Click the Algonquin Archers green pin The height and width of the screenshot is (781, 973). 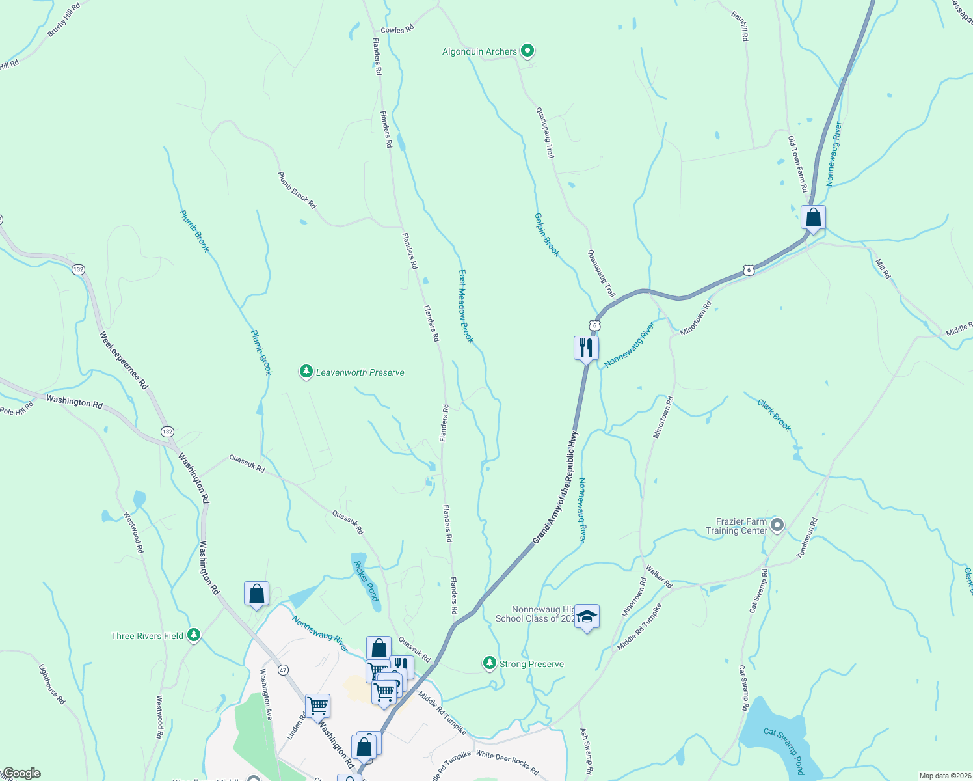click(x=527, y=50)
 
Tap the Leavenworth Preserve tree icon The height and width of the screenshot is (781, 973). click(x=306, y=372)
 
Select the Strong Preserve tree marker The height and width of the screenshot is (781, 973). click(x=489, y=663)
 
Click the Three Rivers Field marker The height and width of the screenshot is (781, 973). click(x=193, y=635)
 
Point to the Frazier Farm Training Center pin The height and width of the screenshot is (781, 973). click(x=777, y=525)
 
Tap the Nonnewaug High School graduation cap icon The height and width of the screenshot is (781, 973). click(x=587, y=617)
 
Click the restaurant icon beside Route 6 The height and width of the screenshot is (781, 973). click(x=586, y=348)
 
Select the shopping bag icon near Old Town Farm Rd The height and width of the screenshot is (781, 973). click(x=813, y=217)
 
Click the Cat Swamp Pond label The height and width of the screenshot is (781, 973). click(x=784, y=750)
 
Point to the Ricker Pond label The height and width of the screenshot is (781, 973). click(x=366, y=579)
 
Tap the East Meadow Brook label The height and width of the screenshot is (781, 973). click(x=466, y=307)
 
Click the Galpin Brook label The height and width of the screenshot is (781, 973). click(x=547, y=234)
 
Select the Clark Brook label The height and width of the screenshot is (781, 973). click(x=774, y=415)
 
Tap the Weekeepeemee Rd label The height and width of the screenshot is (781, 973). click(x=124, y=361)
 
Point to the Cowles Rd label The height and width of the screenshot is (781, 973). click(x=397, y=30)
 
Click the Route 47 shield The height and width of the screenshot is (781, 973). click(x=283, y=669)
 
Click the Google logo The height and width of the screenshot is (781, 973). click(x=21, y=773)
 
